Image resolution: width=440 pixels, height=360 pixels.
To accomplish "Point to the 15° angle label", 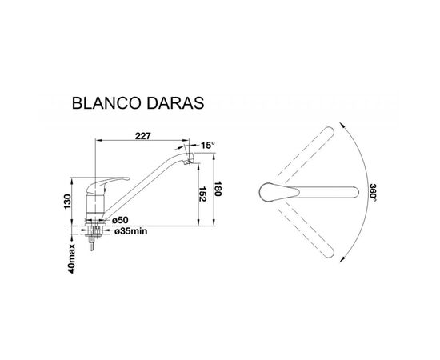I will (208, 145).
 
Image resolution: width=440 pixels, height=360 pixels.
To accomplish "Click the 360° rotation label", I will (372, 192).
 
